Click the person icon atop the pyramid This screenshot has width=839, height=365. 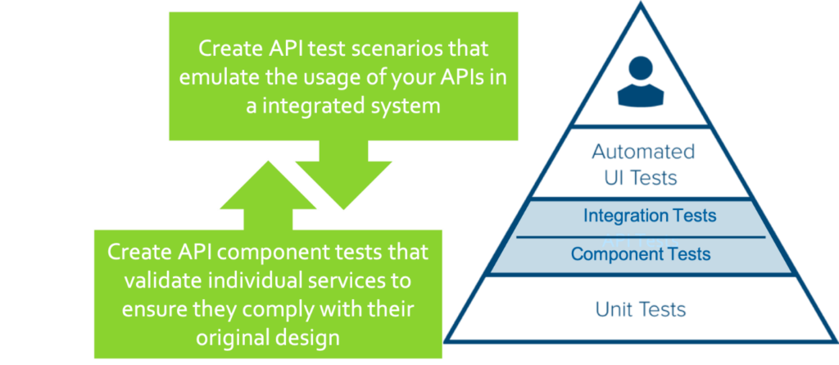(641, 81)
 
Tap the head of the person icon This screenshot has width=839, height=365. (641, 69)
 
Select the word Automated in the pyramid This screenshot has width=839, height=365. (643, 152)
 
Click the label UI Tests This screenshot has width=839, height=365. (641, 178)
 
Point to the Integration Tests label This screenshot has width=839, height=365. (650, 216)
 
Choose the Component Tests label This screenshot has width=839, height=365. (641, 253)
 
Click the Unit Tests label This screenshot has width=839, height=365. (641, 309)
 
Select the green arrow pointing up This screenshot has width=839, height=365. (268, 195)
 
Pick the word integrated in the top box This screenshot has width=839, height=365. (314, 107)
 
